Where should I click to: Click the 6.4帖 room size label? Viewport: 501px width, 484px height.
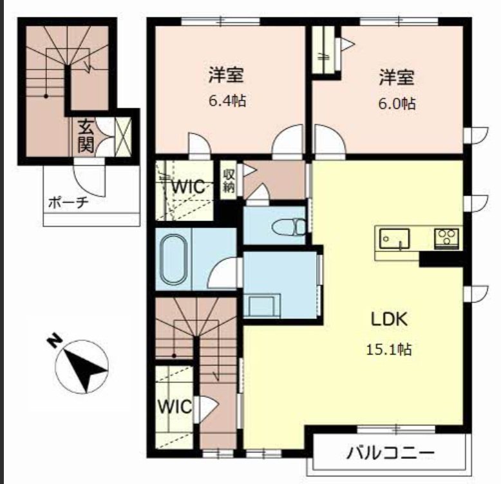[227, 101]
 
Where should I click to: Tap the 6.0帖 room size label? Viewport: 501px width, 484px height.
[397, 104]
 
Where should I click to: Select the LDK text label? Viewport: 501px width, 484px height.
[389, 319]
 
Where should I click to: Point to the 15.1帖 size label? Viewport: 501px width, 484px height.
[389, 349]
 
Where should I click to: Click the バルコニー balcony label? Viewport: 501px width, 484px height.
[391, 453]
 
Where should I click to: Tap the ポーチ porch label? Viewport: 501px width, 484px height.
[68, 202]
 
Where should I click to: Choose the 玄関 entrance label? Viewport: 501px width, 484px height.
[86, 135]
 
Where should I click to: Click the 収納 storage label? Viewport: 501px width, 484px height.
[229, 180]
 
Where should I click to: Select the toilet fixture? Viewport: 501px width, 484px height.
[289, 226]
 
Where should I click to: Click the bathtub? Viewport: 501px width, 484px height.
[173, 259]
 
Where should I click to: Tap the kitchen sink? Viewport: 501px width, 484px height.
[394, 238]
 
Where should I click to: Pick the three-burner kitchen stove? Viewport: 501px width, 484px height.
[446, 239]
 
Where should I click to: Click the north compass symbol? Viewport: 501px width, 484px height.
[82, 366]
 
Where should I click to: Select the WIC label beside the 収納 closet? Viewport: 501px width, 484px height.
[188, 186]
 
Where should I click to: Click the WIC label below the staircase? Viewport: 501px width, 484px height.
[175, 407]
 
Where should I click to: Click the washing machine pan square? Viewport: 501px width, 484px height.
[261, 306]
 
